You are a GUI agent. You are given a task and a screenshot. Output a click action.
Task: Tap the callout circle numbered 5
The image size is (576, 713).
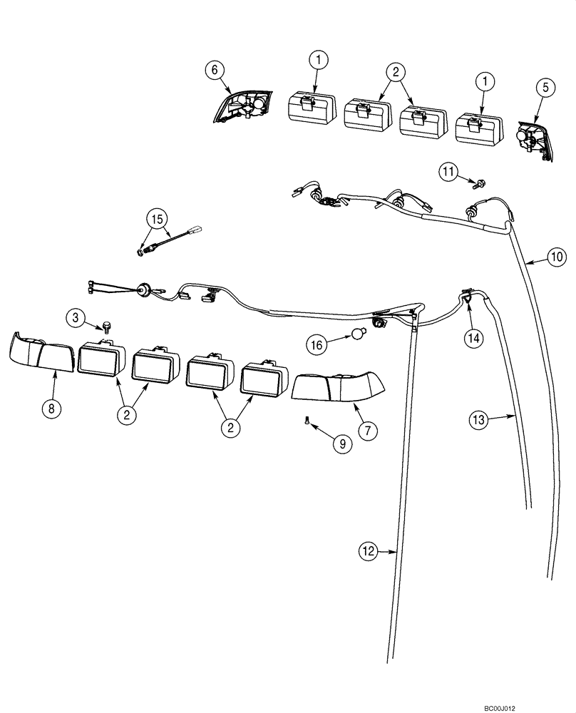click(545, 88)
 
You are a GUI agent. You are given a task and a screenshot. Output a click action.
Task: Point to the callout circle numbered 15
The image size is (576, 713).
click(157, 216)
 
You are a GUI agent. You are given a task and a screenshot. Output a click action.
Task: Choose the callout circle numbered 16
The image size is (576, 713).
click(318, 344)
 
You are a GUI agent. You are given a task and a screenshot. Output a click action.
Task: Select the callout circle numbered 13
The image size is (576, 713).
click(480, 420)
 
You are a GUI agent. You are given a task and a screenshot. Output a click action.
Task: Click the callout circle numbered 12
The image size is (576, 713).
click(367, 550)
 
